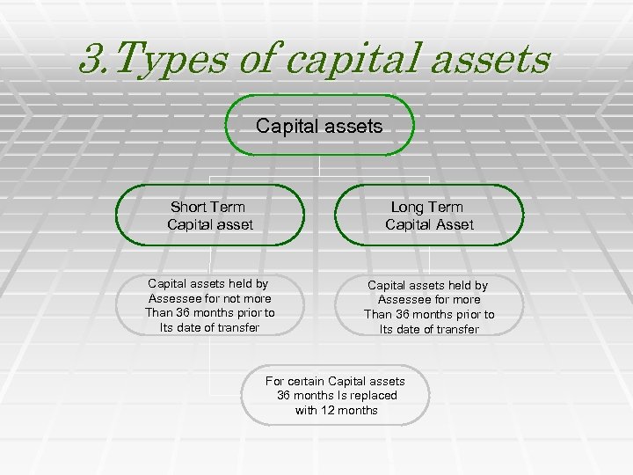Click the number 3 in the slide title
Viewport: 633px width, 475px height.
tap(89, 60)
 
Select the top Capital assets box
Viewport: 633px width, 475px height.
tap(319, 127)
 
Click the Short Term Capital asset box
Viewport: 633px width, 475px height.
tap(210, 216)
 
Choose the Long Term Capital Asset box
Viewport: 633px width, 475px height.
tap(429, 216)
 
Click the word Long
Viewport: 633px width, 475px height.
tap(407, 207)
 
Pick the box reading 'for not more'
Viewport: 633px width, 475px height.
tap(209, 305)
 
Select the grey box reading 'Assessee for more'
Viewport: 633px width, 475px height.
tap(429, 306)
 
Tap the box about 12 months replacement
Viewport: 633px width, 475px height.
tap(336, 395)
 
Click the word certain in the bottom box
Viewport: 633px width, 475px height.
tap(304, 381)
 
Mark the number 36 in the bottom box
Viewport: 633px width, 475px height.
tap(285, 396)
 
